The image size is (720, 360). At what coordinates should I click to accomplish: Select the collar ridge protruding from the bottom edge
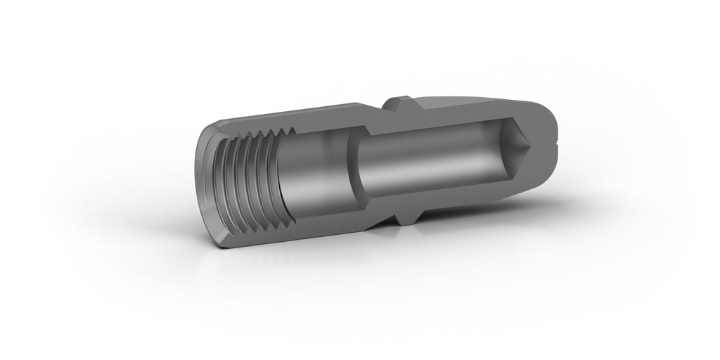[403, 219]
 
